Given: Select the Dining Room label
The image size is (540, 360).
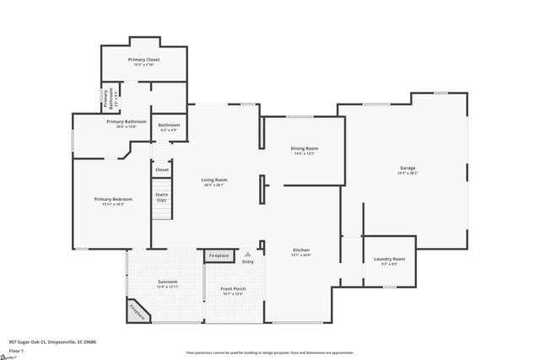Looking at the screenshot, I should [x=304, y=150].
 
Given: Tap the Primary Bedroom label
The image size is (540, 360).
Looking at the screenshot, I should [x=108, y=201].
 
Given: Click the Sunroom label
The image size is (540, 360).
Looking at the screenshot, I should [x=167, y=283].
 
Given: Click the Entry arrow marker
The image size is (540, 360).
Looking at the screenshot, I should [x=247, y=255].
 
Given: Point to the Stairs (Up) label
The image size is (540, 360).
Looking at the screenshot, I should [x=161, y=197].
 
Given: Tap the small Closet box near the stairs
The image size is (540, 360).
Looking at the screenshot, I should [x=161, y=169].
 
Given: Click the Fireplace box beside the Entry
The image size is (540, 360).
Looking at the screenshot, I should [x=219, y=255].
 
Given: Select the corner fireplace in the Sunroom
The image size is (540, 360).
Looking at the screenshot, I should [x=138, y=312].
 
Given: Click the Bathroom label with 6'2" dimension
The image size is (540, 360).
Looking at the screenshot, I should [x=169, y=127].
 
